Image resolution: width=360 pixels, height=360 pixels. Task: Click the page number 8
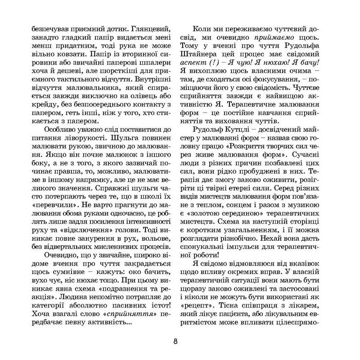tap(176, 341)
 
